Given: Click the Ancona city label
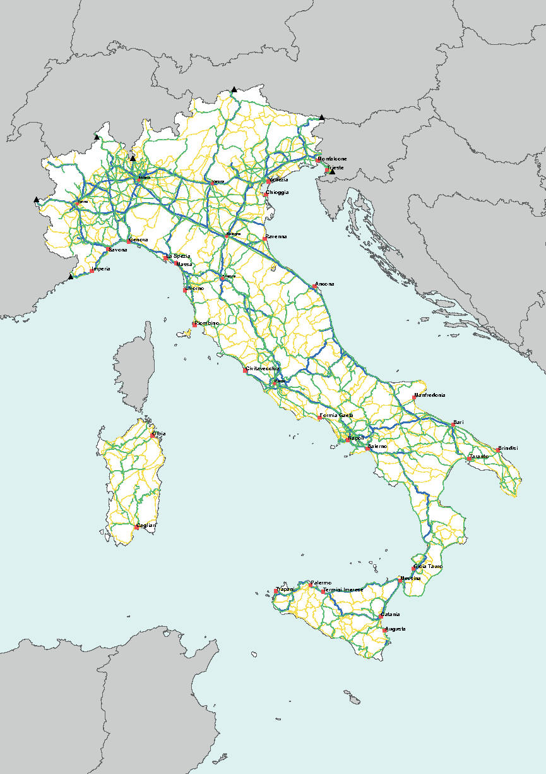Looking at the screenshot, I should (x=326, y=284).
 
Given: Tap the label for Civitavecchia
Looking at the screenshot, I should (x=263, y=368).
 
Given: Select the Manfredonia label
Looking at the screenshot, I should (x=430, y=395).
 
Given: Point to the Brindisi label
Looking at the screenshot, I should (x=508, y=449).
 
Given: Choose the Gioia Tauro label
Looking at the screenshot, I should (x=429, y=566).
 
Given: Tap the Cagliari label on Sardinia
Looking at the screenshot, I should (x=146, y=525).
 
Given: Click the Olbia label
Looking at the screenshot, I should (x=159, y=433).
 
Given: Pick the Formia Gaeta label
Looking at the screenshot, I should (x=337, y=415).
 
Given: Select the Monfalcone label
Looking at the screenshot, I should (x=333, y=159).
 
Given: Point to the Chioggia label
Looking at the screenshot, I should (x=277, y=192).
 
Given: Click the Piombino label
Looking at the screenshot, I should (x=208, y=323).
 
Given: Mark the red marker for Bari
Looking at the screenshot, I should (x=453, y=425).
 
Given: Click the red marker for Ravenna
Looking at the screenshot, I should (x=264, y=239).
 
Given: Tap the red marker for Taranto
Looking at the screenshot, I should (x=469, y=459).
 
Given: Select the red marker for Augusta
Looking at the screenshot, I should (x=385, y=630).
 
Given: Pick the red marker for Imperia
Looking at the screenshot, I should (x=92, y=271).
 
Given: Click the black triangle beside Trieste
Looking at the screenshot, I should (x=332, y=171).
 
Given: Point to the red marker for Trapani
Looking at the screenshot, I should (x=276, y=591).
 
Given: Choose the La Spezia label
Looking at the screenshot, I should (x=178, y=256).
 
